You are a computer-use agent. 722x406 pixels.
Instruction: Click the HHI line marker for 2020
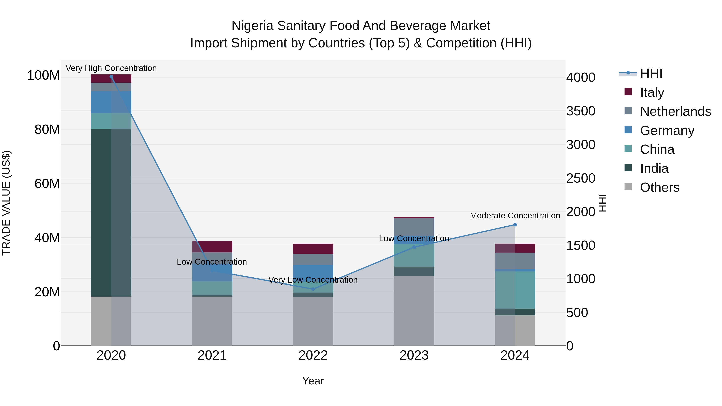click(x=111, y=77)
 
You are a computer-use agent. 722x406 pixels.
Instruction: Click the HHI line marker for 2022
click(x=313, y=289)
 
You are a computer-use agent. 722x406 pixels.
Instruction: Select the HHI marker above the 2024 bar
click(x=515, y=225)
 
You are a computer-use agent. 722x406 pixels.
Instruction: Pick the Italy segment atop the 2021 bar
click(x=212, y=247)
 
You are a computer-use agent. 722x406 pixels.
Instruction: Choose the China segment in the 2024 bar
click(x=515, y=290)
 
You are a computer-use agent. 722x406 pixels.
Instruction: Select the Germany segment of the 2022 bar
click(x=313, y=270)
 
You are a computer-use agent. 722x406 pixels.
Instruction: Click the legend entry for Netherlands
click(x=675, y=111)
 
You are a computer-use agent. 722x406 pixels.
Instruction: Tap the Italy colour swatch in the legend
click(x=628, y=92)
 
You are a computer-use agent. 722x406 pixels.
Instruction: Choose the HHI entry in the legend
click(x=651, y=73)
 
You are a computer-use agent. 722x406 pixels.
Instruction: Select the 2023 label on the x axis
click(x=414, y=355)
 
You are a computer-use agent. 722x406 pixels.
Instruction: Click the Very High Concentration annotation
click(x=111, y=68)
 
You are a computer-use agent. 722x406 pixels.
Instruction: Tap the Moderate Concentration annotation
click(x=515, y=216)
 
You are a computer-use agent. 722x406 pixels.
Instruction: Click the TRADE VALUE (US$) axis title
click(x=6, y=203)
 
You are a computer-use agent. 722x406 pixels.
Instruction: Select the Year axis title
click(x=313, y=381)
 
